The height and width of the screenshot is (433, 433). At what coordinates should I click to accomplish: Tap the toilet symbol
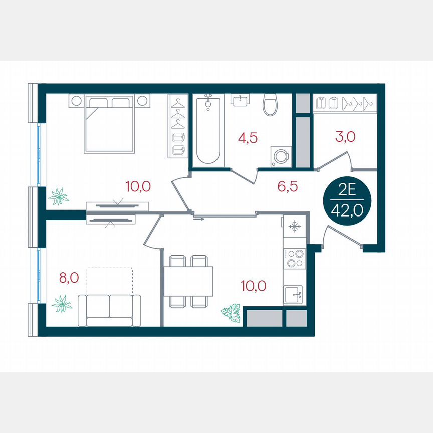coord(270,105)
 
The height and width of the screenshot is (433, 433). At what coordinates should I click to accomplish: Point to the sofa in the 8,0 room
coord(109,309)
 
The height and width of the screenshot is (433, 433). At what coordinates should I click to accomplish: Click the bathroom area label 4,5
coord(248,138)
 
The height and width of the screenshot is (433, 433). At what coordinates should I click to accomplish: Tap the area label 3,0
coord(345,137)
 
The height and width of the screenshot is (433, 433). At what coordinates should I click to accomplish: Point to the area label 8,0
coord(69,277)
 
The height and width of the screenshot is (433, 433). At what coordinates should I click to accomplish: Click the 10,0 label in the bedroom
coord(138,186)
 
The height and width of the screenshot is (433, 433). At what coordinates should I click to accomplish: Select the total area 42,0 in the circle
coord(347,210)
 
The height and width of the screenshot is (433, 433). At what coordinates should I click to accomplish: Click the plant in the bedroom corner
coord(59,196)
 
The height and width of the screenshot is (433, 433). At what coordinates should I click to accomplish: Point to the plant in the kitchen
coord(231,312)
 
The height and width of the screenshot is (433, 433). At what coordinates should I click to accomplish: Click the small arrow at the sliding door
coord(199,219)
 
